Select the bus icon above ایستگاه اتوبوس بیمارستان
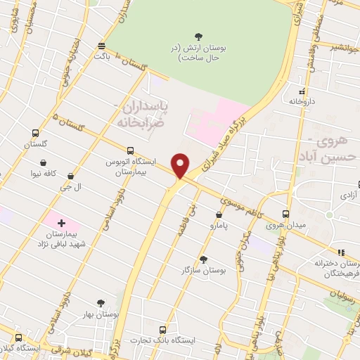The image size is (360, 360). click(130, 150)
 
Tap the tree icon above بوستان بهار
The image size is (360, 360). click(100, 303)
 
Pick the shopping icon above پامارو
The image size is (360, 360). click(219, 215)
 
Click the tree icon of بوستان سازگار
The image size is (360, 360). click(203, 259)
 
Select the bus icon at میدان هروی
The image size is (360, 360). click(285, 214)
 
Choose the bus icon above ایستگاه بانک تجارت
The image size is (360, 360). click(164, 329)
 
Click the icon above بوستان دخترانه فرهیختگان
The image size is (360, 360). click(340, 252)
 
